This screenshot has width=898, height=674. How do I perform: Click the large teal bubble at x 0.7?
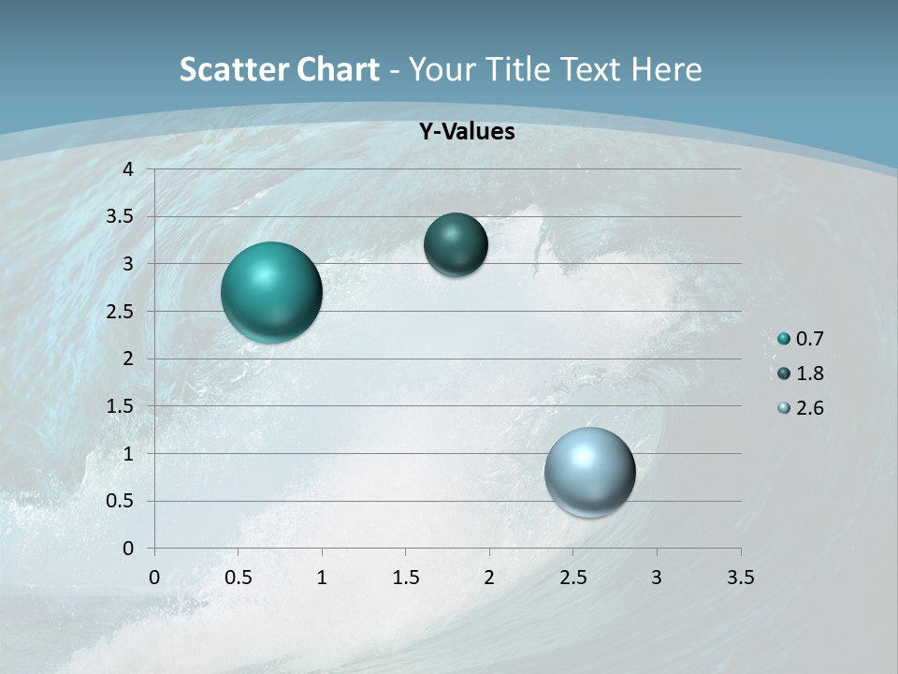[x=271, y=292]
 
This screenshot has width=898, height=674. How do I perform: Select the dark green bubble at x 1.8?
[x=456, y=244]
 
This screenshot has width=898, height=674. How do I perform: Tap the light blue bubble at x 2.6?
[x=589, y=472]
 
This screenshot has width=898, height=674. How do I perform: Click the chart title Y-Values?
[x=466, y=132]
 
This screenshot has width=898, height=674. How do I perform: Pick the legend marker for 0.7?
[x=784, y=339]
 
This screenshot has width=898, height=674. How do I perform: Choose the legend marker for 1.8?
[x=784, y=374]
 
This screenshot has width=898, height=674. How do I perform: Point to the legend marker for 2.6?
[x=784, y=408]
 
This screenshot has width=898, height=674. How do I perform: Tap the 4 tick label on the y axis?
[x=128, y=169]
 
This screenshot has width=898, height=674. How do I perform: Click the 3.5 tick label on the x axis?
[x=740, y=578]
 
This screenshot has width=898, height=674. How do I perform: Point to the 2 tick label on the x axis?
[x=489, y=578]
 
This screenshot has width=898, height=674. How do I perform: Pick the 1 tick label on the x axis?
[x=322, y=578]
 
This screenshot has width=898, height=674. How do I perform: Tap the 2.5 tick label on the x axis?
[x=572, y=578]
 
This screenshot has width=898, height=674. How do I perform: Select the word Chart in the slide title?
[x=339, y=69]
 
